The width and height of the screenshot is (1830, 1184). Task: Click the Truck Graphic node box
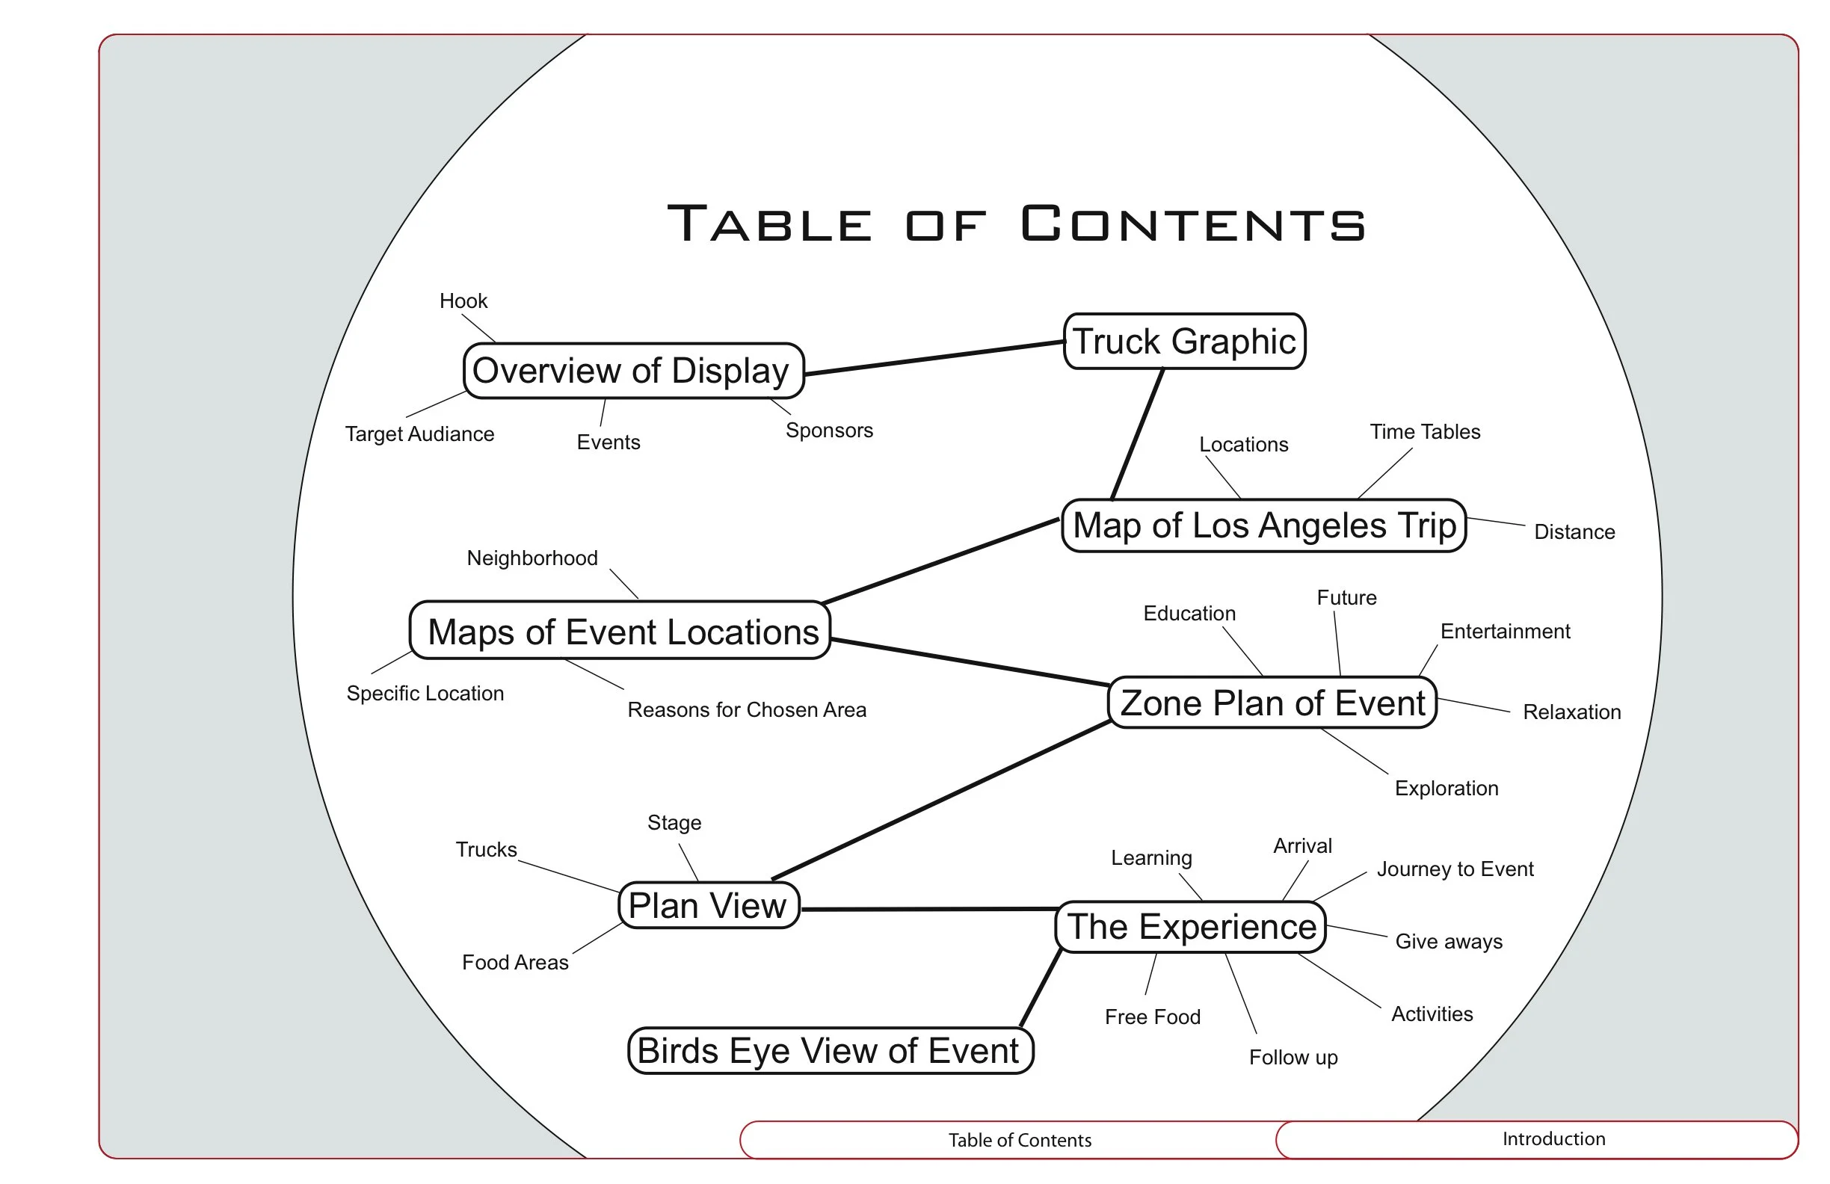[x=1184, y=342]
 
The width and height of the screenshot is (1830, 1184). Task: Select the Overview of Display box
[x=633, y=371]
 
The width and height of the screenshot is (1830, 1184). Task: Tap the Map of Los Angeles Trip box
[x=1263, y=526]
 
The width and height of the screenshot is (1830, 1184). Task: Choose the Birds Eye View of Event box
[x=830, y=1051]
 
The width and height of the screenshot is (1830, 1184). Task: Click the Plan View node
[x=708, y=906]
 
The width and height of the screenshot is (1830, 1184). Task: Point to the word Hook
[x=463, y=300]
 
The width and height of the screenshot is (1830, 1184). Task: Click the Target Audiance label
[x=419, y=434]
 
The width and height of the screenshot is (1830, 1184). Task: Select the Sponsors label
[x=829, y=430]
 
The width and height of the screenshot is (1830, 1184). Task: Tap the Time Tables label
[x=1424, y=431]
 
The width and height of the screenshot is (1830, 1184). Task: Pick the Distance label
[x=1574, y=531]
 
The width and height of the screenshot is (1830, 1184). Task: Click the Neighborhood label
[x=532, y=558]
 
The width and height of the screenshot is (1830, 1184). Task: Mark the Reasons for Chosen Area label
[x=746, y=709]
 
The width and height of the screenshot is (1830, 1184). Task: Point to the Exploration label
[x=1446, y=788]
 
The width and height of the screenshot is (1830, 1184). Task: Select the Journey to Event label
[x=1455, y=869]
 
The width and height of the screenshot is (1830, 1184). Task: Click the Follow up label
[x=1293, y=1057]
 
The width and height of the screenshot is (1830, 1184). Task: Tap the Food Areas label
[x=514, y=962]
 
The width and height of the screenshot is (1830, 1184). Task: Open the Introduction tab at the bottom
[x=1553, y=1138]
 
